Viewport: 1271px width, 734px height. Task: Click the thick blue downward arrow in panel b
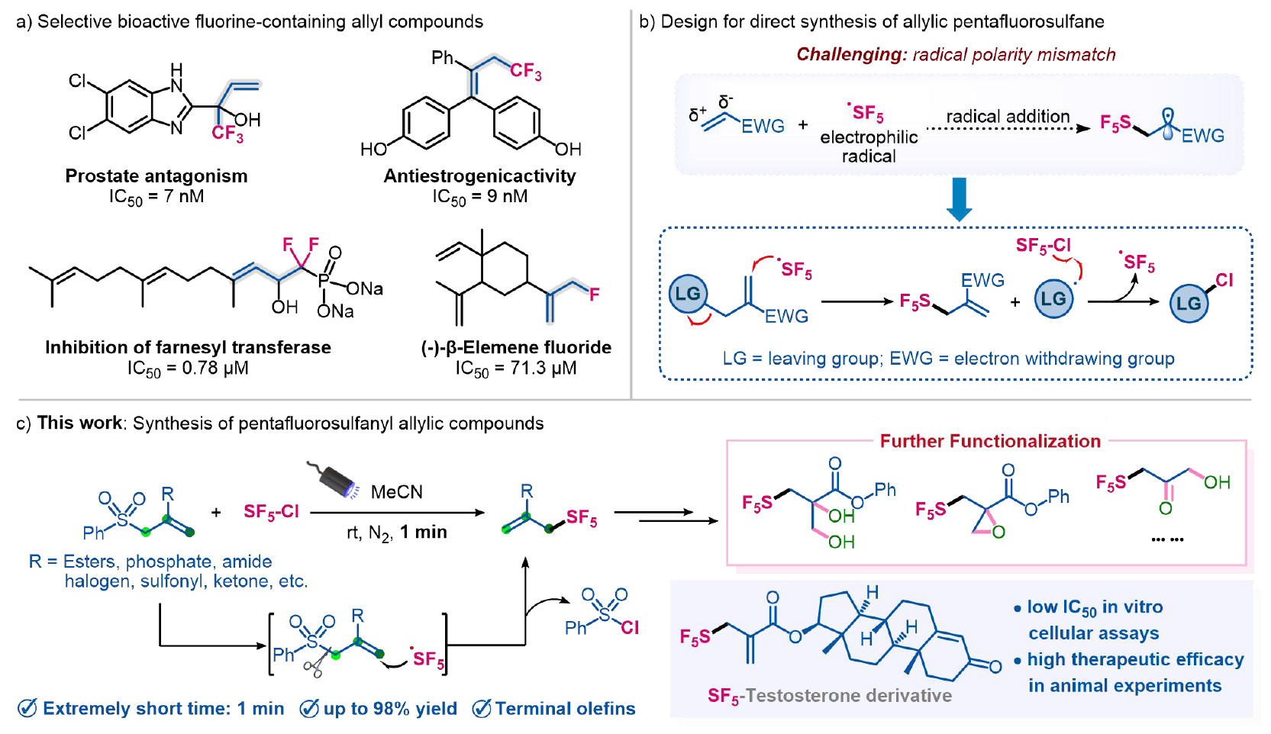pos(959,198)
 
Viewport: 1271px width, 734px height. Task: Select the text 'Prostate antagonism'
pos(156,176)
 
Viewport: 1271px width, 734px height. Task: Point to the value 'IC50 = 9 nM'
pos(479,197)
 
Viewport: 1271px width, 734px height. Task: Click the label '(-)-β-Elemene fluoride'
pos(516,348)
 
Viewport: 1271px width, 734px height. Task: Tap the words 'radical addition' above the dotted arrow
pos(1008,117)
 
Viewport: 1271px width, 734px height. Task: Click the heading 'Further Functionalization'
pos(990,442)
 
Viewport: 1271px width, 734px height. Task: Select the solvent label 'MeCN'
pos(396,492)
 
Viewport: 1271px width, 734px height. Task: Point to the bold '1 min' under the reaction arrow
pos(424,533)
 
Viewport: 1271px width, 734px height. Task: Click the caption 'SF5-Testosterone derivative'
pos(829,696)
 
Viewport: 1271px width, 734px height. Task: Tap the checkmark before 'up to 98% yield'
pos(309,709)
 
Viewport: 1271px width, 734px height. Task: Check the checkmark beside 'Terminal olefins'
pos(482,709)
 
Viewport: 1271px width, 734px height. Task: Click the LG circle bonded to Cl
pos(1189,304)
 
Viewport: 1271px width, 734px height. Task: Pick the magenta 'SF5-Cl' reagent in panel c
pos(271,511)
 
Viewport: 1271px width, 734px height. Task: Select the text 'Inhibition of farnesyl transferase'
pos(188,348)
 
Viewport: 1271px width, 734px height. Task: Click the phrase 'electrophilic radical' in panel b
pos(869,146)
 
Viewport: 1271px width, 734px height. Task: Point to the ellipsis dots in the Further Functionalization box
pos(1167,539)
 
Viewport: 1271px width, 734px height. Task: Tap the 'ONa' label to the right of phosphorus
pos(364,289)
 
